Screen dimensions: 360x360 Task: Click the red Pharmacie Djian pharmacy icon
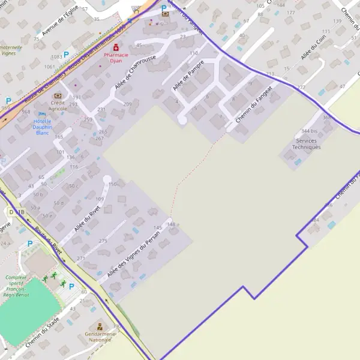coord(116,46)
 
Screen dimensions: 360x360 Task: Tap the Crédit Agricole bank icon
coord(58,95)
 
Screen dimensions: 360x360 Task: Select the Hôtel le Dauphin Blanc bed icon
coord(42,113)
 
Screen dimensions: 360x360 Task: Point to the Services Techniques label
coord(306,144)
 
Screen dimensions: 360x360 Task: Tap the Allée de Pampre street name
coord(188,75)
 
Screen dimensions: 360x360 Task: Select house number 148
coord(172,224)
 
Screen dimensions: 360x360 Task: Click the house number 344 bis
coord(310,131)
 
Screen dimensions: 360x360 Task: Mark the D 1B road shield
coord(17,212)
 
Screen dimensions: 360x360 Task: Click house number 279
coord(103,241)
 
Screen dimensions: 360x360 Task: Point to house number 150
coord(112,184)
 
